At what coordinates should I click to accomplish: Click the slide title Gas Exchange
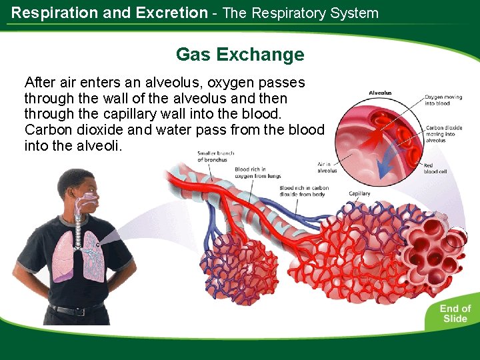point(239,55)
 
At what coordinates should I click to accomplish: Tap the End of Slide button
point(455,313)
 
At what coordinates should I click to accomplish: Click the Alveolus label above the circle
point(380,93)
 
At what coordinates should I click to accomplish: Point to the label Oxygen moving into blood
point(443,100)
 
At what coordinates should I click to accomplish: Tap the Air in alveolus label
point(327,167)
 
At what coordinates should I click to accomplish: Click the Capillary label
point(359,194)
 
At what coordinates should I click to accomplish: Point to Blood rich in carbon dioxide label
point(304,192)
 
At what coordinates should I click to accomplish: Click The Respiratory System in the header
point(300,13)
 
